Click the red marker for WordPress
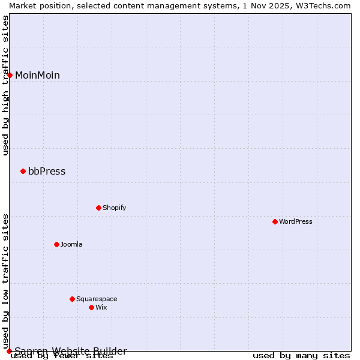pos(275,221)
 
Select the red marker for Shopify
pos(98,208)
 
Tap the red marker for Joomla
pos(56,244)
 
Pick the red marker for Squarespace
pos(72,299)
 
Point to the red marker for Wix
pos(91,307)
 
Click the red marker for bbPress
pos(23,171)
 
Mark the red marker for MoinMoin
pos(10,75)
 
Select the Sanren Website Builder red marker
pos(9,351)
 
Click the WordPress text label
pos(296,221)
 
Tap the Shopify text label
pos(114,208)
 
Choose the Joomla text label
pos(71,244)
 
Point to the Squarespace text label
pos(97,299)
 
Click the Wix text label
pos(101,307)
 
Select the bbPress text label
pos(47,171)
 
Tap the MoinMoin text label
pos(37,75)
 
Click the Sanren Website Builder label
pos(71,351)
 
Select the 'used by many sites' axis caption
pos(301,356)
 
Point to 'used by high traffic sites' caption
pos(5,85)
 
